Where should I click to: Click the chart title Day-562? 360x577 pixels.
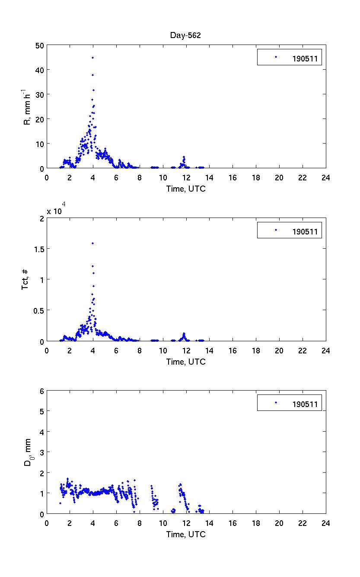click(185, 35)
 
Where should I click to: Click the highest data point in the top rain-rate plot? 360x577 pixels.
click(92, 58)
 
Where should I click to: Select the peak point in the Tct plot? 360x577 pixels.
click(92, 243)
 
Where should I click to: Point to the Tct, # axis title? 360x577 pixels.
click(25, 279)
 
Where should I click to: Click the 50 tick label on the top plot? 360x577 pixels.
click(38, 45)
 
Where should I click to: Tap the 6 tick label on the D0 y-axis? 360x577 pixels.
click(41, 391)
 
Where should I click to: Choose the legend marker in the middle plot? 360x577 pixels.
click(275, 230)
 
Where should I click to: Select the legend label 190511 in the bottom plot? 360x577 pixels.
click(305, 405)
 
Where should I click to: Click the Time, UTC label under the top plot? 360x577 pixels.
click(186, 189)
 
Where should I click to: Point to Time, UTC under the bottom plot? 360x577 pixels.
click(186, 535)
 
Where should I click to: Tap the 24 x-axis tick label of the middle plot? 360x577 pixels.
click(325, 350)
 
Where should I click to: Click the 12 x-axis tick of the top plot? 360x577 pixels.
click(186, 177)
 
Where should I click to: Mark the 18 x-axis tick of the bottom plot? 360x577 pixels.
click(256, 523)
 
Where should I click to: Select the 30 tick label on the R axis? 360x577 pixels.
click(38, 94)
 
